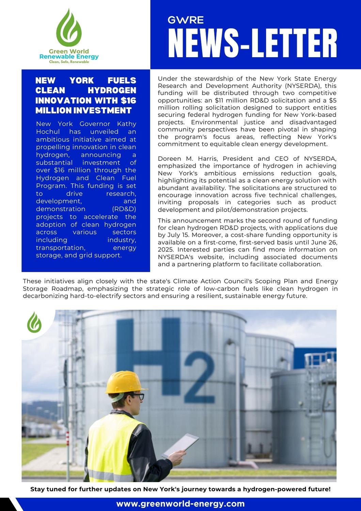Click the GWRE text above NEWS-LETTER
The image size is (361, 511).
186,20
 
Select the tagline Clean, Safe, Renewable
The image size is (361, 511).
69,62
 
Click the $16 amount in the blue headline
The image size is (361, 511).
128,100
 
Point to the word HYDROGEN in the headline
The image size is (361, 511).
112,90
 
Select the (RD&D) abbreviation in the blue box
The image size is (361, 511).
124,209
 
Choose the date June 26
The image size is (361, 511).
324,242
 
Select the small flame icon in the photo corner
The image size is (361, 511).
34,322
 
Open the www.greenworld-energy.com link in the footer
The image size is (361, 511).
180,504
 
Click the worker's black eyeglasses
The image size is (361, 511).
138,396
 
